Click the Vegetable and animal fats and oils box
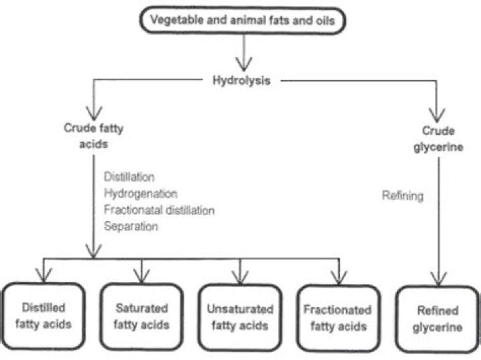(x=243, y=20)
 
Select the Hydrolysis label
(x=241, y=81)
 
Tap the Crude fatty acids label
(x=94, y=136)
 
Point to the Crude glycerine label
(x=438, y=139)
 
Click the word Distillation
(x=129, y=177)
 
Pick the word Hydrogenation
(x=140, y=194)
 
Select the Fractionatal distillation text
(x=159, y=210)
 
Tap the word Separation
(x=131, y=226)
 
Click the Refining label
(x=402, y=196)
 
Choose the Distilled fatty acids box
(x=43, y=316)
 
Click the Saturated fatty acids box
(x=142, y=317)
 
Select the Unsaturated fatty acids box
(x=240, y=317)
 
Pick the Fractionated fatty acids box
(x=338, y=318)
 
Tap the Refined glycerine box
(x=438, y=319)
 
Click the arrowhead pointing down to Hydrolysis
(x=244, y=64)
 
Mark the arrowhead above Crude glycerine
(x=437, y=116)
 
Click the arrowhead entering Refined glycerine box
(x=438, y=279)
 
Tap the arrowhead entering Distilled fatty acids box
(x=43, y=275)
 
